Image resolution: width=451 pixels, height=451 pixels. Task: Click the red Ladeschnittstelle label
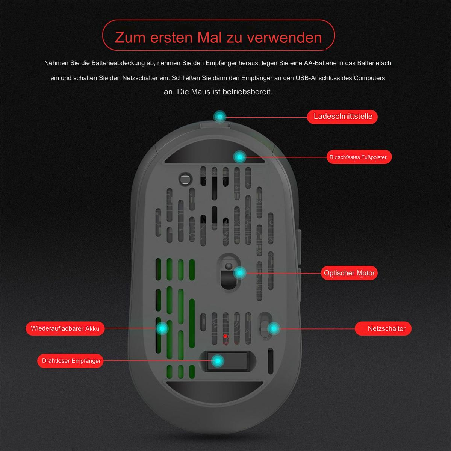coord(342,117)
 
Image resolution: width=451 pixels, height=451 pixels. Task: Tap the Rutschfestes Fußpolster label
coord(359,157)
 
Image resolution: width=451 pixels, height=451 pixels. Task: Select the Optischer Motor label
coord(349,273)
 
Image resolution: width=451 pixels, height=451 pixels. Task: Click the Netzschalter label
coord(383,328)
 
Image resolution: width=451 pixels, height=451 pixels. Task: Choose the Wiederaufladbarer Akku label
coord(65,328)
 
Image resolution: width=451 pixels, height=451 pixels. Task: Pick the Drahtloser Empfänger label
coord(70,361)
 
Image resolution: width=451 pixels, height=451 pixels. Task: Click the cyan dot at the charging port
coord(220,117)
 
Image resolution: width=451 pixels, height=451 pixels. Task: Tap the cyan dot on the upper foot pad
coord(239,157)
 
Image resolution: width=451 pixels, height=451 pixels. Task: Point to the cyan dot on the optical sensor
coord(240,273)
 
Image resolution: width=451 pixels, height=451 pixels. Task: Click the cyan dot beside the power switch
coord(274,328)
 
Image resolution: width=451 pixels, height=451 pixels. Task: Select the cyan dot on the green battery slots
coord(162,328)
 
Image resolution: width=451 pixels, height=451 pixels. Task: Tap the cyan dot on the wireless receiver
coord(218,361)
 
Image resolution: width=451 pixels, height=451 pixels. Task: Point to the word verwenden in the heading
coord(285,38)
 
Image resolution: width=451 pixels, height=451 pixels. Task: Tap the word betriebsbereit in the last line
coord(247,92)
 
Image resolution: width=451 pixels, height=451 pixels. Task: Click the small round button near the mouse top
coord(186,179)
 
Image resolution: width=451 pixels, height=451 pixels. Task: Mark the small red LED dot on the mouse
coord(225,336)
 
